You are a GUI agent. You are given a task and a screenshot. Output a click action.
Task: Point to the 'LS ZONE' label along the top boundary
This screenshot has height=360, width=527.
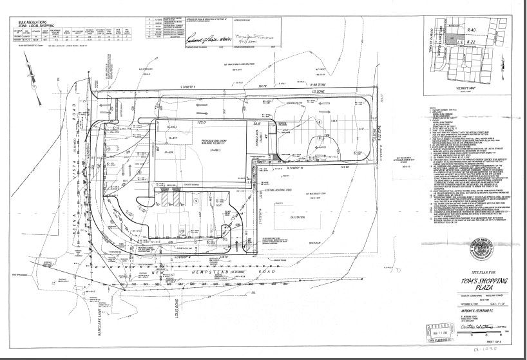[x=316, y=93]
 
